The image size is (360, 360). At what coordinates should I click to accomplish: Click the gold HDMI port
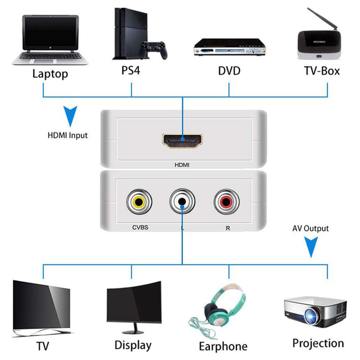[183, 141]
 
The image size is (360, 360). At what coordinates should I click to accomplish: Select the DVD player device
[229, 48]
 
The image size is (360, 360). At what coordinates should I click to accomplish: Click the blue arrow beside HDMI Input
[69, 116]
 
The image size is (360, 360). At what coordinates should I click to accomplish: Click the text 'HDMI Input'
[68, 135]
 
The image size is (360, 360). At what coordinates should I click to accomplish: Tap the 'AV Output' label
[310, 229]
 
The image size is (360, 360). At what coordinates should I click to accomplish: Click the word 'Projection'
[318, 343]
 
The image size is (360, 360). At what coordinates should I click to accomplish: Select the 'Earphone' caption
[223, 346]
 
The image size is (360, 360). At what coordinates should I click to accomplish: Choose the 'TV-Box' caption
[321, 71]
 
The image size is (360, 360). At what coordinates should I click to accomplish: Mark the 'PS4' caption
[131, 71]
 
